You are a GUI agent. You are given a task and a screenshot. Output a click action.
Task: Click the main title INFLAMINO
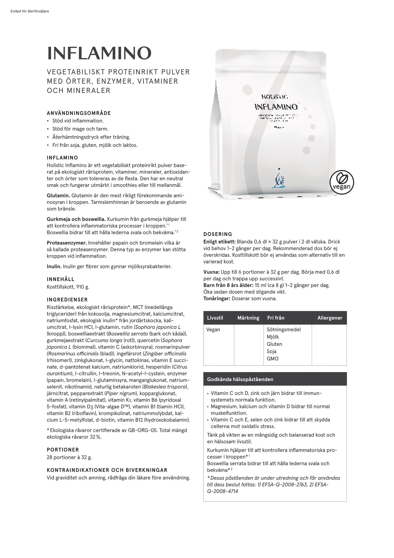pos(99,53)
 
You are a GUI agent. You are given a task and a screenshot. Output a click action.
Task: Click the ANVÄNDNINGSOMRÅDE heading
pos(79,113)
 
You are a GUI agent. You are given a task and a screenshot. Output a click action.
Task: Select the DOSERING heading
pos(218,234)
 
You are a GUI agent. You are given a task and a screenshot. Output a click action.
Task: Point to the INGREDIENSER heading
pos(67,300)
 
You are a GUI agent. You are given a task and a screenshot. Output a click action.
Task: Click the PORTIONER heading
pos(63,450)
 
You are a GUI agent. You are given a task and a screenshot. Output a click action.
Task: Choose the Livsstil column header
pos(215,318)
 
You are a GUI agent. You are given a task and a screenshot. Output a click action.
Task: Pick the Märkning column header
pos(248,318)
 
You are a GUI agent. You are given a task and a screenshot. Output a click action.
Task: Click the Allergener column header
pos(330,318)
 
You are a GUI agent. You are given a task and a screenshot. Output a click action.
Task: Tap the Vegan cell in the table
pos(213,329)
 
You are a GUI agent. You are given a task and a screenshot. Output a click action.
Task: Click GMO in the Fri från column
pos(273,359)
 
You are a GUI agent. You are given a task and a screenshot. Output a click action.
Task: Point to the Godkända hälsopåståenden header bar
pos(275,379)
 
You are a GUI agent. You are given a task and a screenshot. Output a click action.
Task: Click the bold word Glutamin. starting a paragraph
pos(58,196)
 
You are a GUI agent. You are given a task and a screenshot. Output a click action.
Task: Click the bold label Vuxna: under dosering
pos(211,272)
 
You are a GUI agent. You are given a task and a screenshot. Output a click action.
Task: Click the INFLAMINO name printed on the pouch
pos(276,107)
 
